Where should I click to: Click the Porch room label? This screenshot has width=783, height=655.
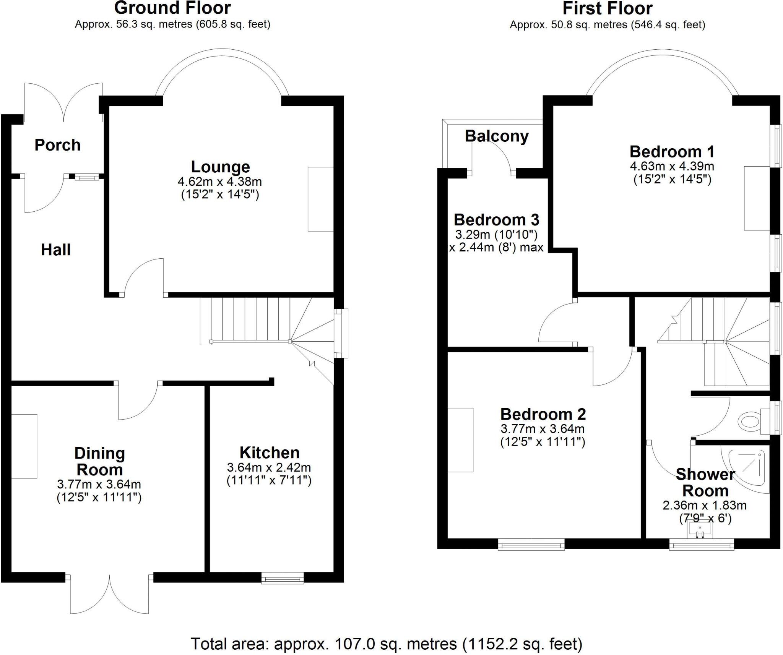point(57,145)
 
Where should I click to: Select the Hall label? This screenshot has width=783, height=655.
point(56,250)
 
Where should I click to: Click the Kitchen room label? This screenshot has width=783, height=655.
point(269,453)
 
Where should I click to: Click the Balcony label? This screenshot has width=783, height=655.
point(497,136)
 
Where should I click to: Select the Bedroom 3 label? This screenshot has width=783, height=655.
point(496,220)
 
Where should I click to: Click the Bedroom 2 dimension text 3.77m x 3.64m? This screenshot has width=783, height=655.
point(543,429)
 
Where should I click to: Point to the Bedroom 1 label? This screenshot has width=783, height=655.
point(672,152)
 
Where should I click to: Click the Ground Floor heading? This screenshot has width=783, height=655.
point(172,8)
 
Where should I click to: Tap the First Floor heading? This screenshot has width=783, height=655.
point(607,8)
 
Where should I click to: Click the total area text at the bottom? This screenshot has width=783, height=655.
point(386,633)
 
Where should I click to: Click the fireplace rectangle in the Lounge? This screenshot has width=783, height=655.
point(320,199)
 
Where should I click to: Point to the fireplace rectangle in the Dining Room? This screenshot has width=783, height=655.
point(24,446)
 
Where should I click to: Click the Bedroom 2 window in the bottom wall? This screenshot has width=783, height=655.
point(531,544)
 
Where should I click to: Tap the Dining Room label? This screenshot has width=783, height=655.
point(99,461)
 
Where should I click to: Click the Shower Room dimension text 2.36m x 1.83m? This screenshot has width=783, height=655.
point(704,506)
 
